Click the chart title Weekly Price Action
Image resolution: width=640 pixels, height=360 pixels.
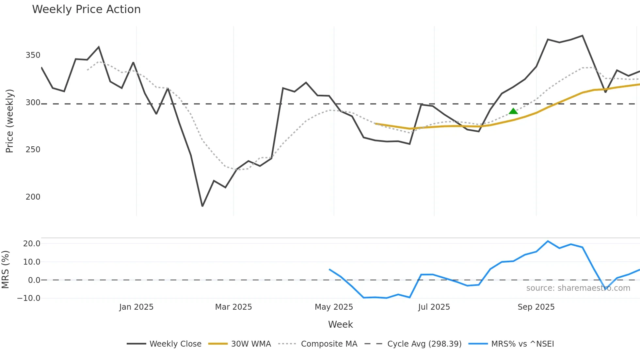tap(86, 9)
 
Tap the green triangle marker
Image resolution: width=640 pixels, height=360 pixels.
tap(513, 111)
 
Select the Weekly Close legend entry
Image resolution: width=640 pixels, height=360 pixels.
tap(164, 344)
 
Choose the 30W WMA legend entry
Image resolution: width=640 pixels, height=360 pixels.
tap(240, 344)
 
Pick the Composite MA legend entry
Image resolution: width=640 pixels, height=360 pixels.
tap(318, 344)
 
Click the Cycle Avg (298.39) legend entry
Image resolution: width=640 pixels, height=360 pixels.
tap(413, 344)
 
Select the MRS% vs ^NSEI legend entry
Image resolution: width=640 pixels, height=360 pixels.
tap(511, 344)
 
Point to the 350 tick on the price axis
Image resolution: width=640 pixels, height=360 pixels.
tap(33, 55)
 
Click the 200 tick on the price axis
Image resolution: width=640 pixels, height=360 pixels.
tap(33, 197)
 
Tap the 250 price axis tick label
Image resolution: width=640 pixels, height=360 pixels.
tap(33, 150)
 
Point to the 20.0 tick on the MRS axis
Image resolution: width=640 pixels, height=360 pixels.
tap(32, 244)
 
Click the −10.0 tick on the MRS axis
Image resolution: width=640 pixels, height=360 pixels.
tap(29, 298)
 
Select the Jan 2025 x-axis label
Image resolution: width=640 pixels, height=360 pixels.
tap(136, 307)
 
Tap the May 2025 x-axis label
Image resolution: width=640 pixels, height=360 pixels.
tap(334, 307)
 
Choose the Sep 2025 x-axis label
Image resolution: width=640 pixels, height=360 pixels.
tap(536, 307)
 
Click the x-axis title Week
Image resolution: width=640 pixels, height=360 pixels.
tap(340, 324)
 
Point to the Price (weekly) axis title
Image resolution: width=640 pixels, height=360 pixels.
tap(9, 121)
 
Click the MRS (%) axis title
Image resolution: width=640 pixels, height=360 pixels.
tap(5, 270)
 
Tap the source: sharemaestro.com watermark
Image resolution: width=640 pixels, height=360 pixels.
tap(578, 288)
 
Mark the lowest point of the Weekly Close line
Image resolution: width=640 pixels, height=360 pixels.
tap(202, 206)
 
